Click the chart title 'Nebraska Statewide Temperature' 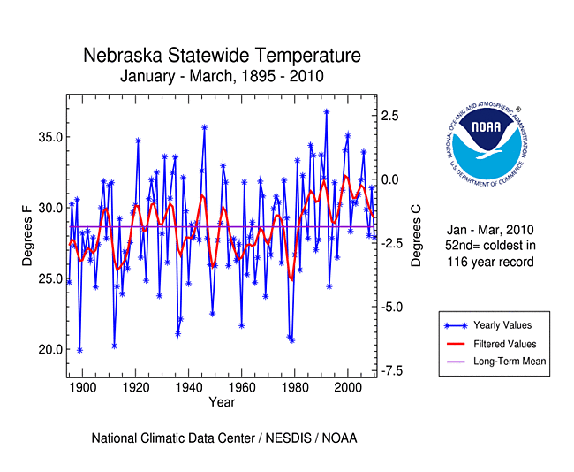click(222, 56)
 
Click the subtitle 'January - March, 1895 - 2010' click(222, 76)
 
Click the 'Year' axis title click(222, 403)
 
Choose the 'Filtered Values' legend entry click(504, 344)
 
